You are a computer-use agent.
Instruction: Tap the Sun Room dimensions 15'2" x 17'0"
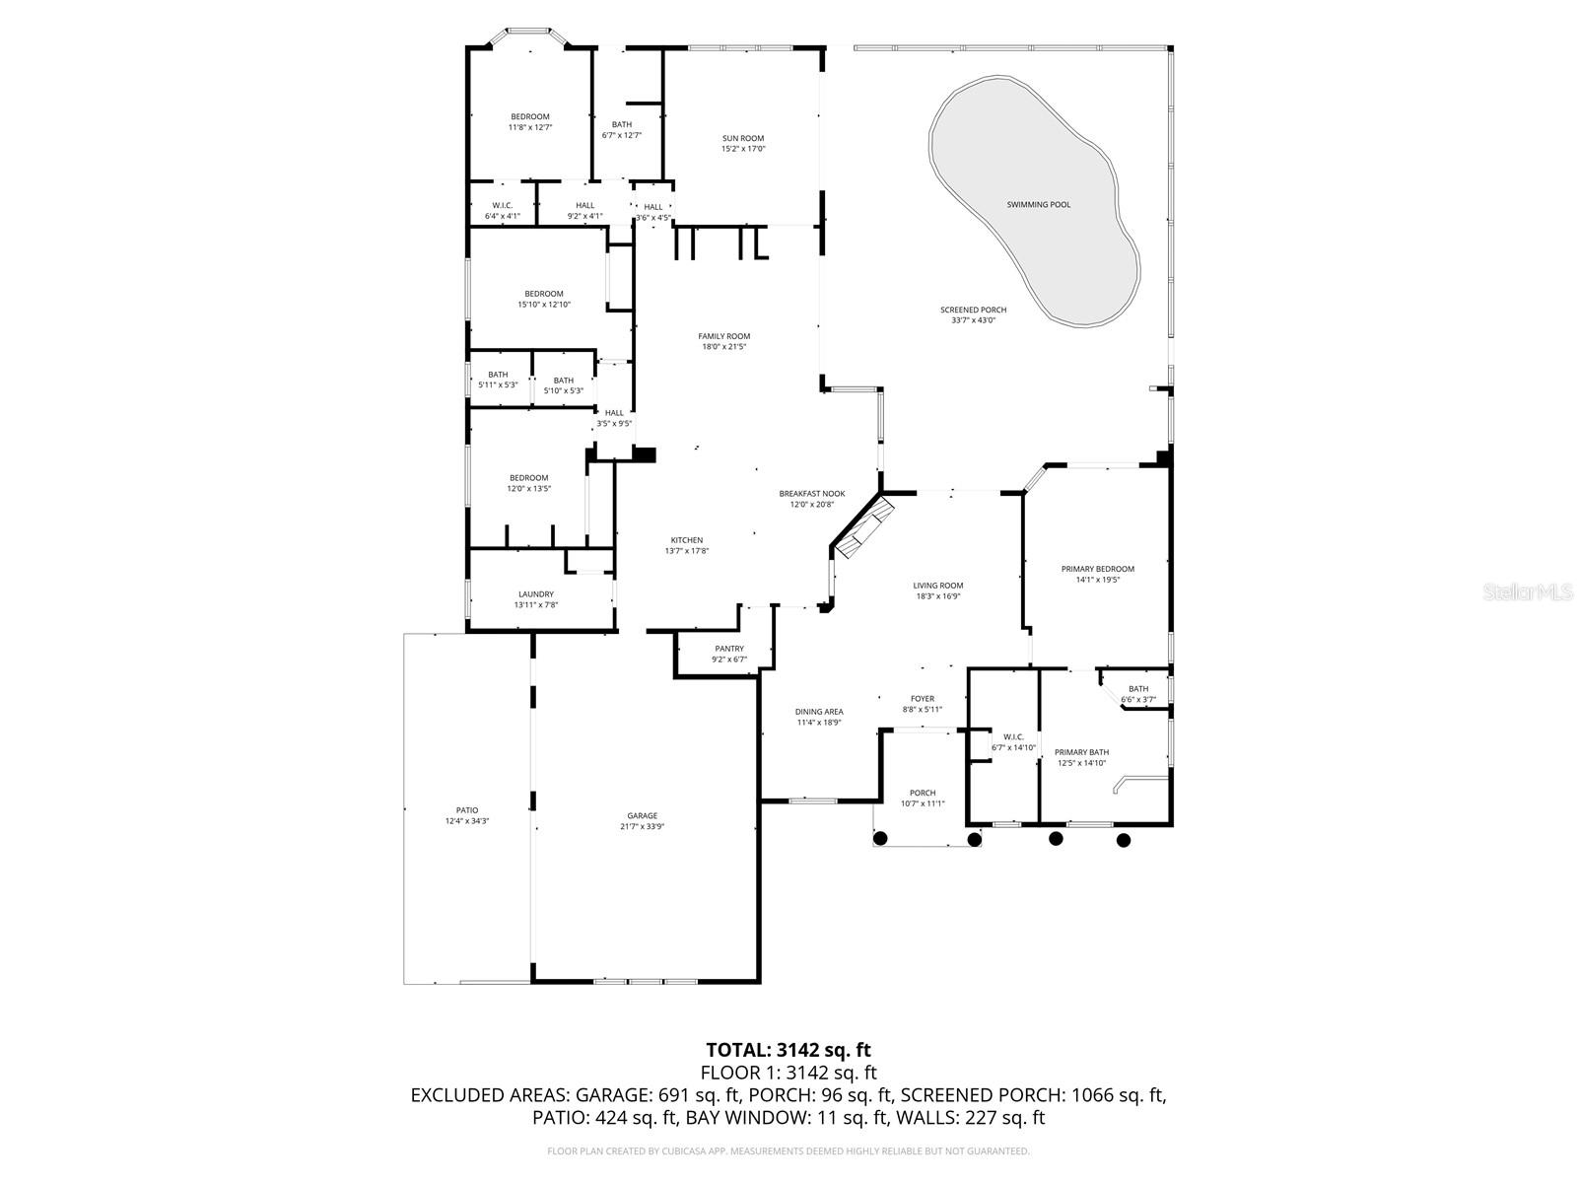[x=742, y=149]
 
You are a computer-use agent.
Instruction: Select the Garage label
[x=642, y=815]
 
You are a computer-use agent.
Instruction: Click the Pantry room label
[x=729, y=649]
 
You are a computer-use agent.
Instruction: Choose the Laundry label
[x=535, y=594]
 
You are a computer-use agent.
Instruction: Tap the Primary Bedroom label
[x=1097, y=569]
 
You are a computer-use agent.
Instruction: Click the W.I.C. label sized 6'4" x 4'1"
[x=501, y=206]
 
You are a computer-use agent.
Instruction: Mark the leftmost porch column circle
[x=880, y=839]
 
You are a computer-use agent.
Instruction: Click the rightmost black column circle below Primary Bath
[x=1123, y=840]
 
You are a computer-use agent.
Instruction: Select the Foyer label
[x=922, y=699]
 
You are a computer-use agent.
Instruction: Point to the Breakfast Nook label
[x=811, y=494]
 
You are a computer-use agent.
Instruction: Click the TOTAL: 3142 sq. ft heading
[x=788, y=1050]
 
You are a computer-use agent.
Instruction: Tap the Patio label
[x=466, y=810]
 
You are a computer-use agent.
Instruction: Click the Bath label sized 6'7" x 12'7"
[x=621, y=124]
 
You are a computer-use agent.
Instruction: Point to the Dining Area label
[x=818, y=712]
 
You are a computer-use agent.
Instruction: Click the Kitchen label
[x=686, y=540]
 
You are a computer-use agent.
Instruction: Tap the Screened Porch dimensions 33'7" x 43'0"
[x=973, y=319]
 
